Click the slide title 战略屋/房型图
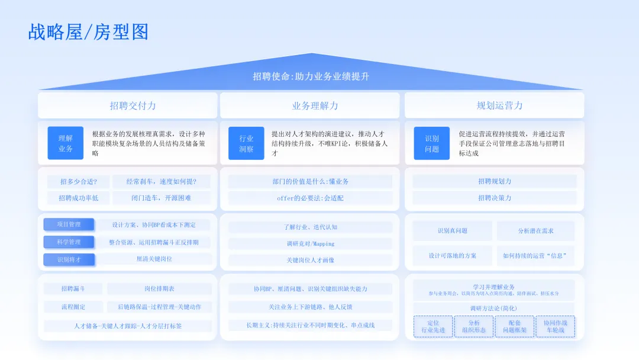(x=88, y=32)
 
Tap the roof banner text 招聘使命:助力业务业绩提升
(x=311, y=76)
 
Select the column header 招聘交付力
(x=133, y=105)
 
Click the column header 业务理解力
(x=315, y=105)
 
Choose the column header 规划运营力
(x=499, y=105)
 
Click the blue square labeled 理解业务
(x=66, y=143)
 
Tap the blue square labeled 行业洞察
(x=246, y=143)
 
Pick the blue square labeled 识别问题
(x=431, y=143)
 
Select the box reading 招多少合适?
(x=78, y=182)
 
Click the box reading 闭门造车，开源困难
(x=161, y=198)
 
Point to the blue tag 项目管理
(x=69, y=224)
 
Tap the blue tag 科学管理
(x=69, y=242)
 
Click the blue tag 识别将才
(x=69, y=259)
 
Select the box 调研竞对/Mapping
(x=310, y=243)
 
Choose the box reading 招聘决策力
(x=494, y=198)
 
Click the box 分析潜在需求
(x=535, y=230)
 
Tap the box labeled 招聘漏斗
(x=73, y=289)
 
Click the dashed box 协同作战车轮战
(x=554, y=326)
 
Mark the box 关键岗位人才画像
(x=310, y=260)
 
